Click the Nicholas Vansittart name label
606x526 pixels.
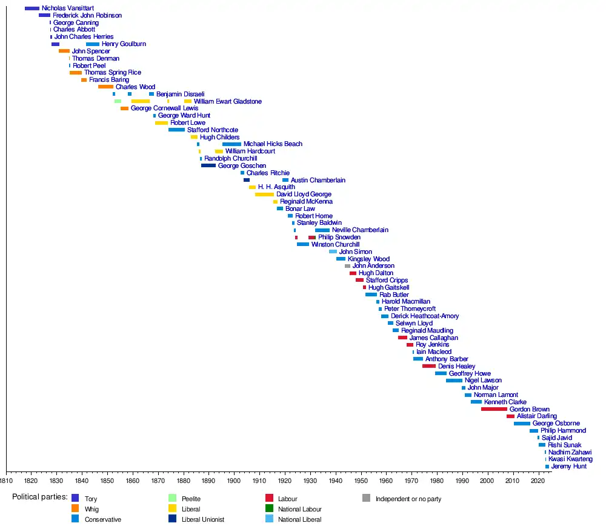tap(67, 8)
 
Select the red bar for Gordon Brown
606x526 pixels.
tap(494, 410)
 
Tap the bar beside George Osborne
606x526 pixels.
tap(522, 424)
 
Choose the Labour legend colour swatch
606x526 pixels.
tap(269, 499)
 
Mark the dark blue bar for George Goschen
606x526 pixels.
tap(208, 165)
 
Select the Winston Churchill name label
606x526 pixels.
tap(335, 245)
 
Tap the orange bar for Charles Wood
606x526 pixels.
tap(105, 87)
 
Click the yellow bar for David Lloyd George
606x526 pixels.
tap(264, 195)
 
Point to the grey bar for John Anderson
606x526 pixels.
tap(347, 266)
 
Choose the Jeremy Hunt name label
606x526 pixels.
tap(568, 467)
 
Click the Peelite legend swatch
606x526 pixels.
tap(172, 499)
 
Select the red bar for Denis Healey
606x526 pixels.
tap(429, 366)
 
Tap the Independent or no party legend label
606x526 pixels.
tap(408, 499)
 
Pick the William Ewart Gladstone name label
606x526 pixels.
tap(227, 101)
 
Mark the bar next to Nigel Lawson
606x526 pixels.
tap(454, 381)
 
